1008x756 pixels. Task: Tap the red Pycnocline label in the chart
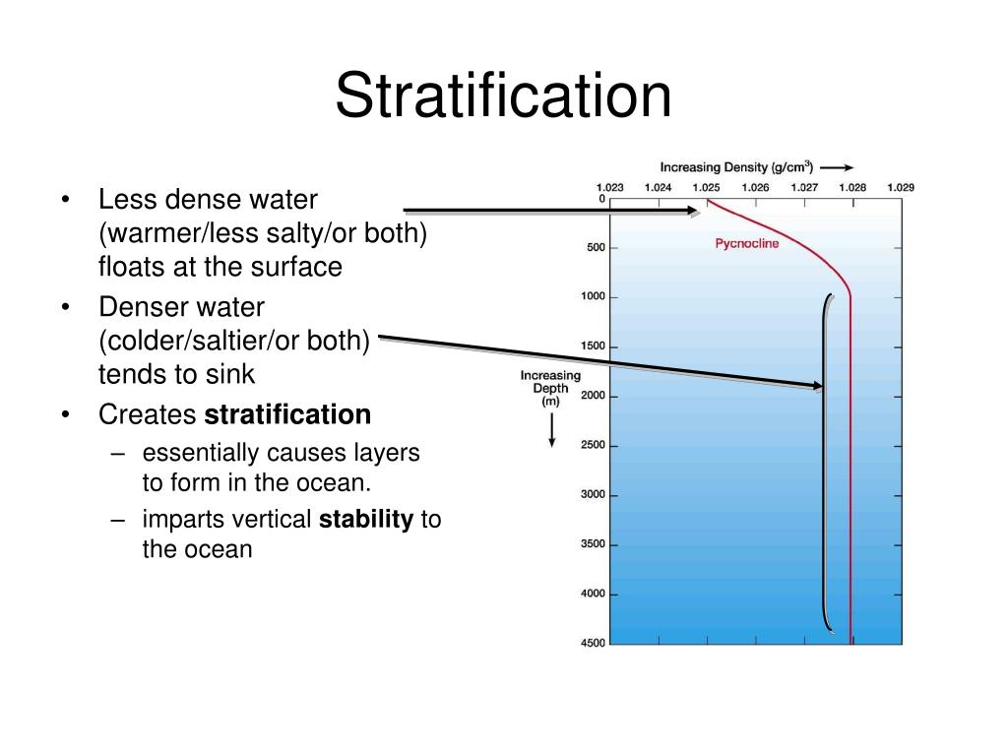[x=746, y=243]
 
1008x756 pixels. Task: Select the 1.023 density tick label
[x=610, y=187]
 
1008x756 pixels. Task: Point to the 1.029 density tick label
[x=901, y=187]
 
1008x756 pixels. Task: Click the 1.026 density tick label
[x=755, y=187]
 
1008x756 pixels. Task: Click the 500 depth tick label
[x=596, y=248]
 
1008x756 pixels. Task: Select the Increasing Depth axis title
[x=550, y=389]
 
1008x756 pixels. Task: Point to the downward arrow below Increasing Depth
[x=551, y=430]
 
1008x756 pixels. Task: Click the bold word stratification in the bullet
[x=287, y=415]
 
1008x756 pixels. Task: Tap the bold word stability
[x=365, y=520]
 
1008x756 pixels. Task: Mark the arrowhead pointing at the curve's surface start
[x=693, y=210]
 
